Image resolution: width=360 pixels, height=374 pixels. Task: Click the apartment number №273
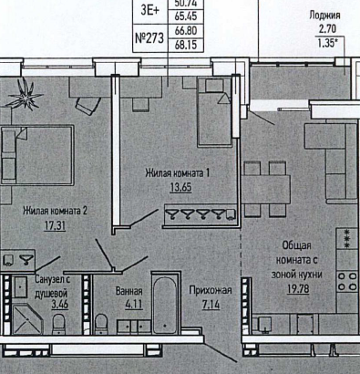[149, 38]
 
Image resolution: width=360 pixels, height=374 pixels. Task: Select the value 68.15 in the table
[186, 45]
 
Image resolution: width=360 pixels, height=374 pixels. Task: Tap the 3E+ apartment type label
[149, 10]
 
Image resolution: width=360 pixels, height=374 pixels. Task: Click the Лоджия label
[324, 16]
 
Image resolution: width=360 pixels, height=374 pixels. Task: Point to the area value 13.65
[180, 187]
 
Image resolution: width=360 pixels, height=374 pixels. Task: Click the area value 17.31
[55, 226]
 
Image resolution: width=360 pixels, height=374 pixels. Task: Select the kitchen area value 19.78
[298, 289]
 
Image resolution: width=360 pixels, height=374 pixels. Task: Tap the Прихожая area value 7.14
[211, 304]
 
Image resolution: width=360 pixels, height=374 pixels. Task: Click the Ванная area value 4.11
[134, 304]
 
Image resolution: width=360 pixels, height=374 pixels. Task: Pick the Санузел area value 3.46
[59, 304]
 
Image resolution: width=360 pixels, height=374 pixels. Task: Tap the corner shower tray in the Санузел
[27, 319]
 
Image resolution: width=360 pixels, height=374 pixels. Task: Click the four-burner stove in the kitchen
[347, 281]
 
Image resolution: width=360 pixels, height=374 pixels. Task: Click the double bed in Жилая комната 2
[37, 155]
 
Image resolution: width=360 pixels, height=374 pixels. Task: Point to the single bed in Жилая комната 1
[215, 112]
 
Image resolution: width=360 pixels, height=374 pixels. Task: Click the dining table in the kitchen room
[266, 189]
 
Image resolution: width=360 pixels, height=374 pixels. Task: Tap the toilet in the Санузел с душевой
[58, 324]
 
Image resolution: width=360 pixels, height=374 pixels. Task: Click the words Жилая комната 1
[178, 173]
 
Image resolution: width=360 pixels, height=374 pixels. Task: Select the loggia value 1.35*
[328, 43]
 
